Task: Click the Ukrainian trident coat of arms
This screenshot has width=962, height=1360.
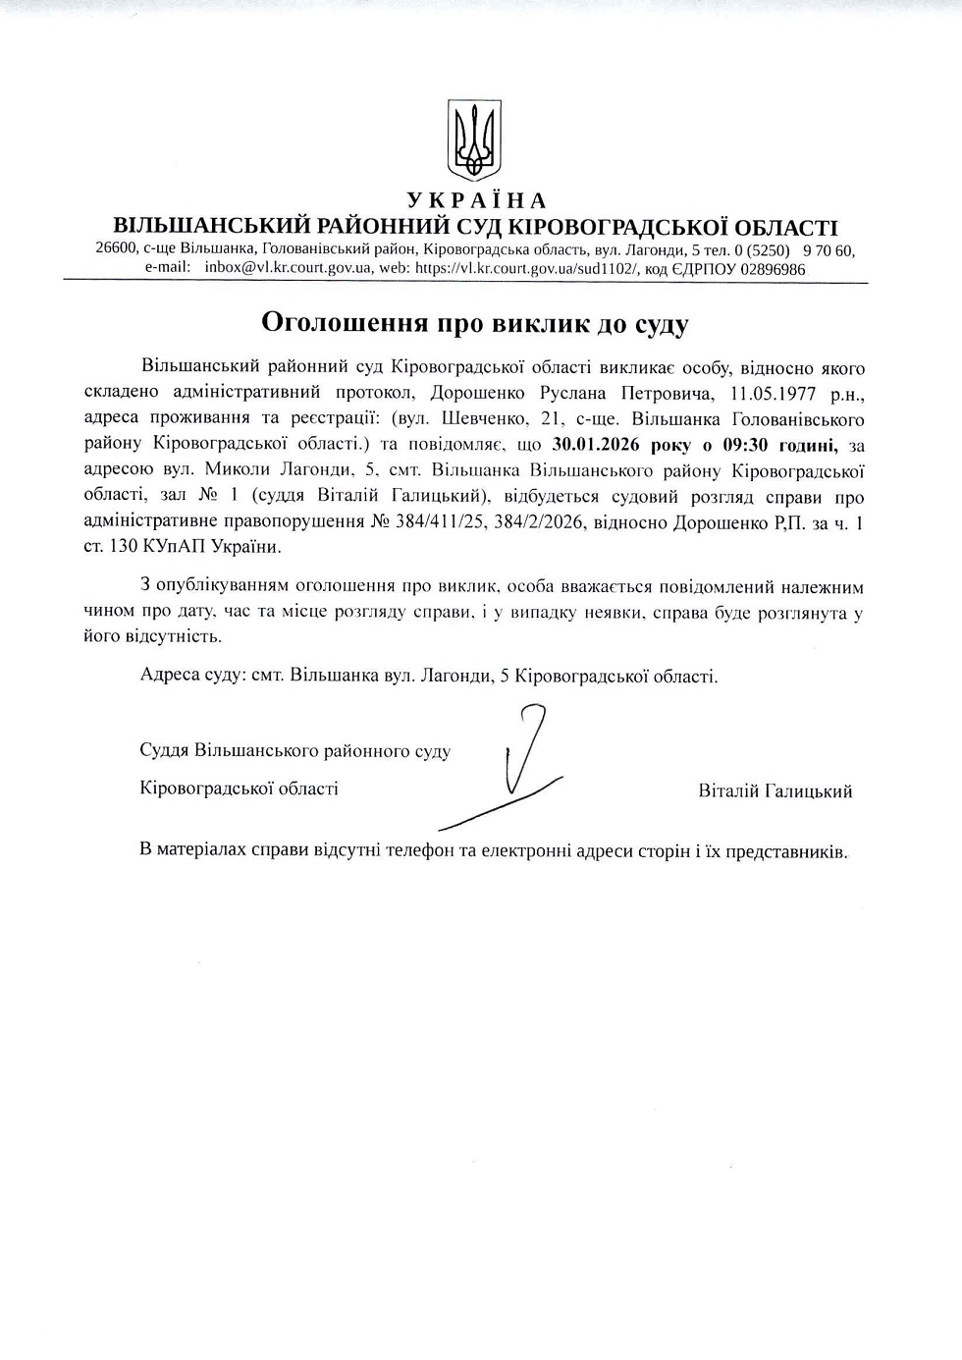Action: pos(475,138)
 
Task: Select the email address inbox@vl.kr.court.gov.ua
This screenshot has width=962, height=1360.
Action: pos(288,268)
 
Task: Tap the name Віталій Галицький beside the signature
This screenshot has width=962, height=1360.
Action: pos(775,790)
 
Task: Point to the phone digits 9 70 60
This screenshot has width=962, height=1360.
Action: pos(828,250)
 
